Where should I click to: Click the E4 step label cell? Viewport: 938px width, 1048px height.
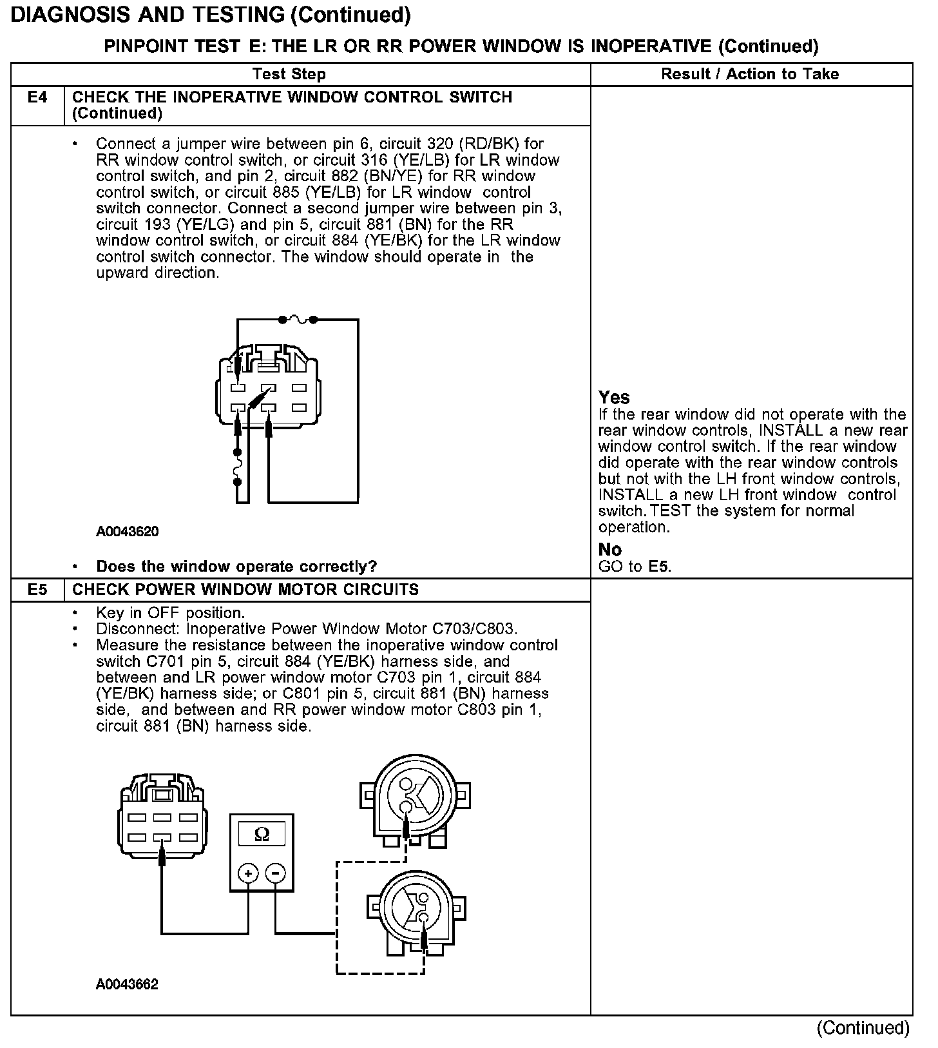[37, 98]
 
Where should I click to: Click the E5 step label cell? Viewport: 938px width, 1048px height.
[37, 590]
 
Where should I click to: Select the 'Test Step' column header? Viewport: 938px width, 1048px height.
[289, 74]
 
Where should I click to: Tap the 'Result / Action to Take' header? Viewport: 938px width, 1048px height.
[750, 74]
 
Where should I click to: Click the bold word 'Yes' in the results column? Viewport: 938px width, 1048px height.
[614, 397]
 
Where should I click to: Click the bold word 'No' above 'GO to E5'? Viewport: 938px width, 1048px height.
[610, 550]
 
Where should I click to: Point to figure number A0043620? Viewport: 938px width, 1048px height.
[128, 532]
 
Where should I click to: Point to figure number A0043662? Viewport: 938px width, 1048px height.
[128, 984]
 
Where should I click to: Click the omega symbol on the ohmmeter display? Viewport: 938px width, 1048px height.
[262, 834]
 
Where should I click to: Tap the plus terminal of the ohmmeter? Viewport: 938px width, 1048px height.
[248, 873]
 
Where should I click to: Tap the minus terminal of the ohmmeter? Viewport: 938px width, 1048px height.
[276, 873]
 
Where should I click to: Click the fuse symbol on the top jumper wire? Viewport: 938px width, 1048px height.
[298, 319]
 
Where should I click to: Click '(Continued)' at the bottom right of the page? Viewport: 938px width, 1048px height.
[863, 1028]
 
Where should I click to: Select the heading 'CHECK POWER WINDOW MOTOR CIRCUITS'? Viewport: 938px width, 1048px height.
[245, 590]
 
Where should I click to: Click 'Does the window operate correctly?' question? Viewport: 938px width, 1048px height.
[236, 567]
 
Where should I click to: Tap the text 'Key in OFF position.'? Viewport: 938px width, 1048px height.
[170, 613]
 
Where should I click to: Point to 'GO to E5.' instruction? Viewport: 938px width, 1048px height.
[635, 567]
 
